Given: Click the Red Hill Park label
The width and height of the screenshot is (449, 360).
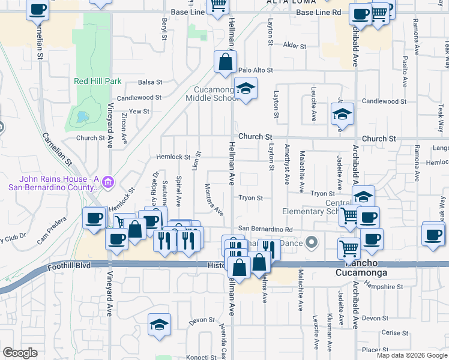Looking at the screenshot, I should tap(97, 81).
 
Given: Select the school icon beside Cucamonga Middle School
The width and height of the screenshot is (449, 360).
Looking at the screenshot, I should tap(245, 88).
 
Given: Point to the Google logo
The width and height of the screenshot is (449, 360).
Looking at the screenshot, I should tap(20, 353).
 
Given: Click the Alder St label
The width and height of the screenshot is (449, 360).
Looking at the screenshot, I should tap(295, 46).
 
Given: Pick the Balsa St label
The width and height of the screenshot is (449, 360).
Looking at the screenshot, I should tap(150, 82).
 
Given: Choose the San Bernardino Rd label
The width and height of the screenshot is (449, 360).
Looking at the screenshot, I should tap(265, 229).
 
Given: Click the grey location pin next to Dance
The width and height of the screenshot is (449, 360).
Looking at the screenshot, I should tap(311, 243).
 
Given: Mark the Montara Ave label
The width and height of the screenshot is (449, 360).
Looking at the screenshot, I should tap(214, 200).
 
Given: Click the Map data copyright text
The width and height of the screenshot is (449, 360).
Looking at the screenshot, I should tap(411, 355).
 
